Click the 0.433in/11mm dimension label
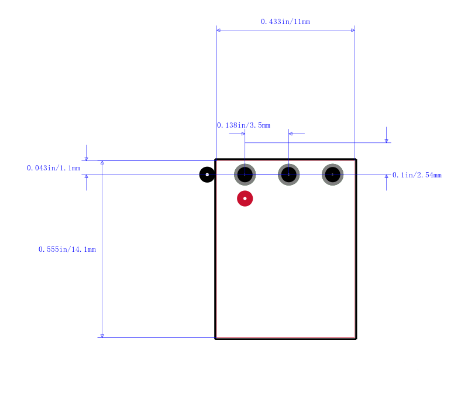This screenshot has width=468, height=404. (x=285, y=22)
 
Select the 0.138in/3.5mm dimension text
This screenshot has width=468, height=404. (x=243, y=125)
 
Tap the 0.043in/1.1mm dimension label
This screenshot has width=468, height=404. (x=53, y=168)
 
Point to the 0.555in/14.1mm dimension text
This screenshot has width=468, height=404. (x=67, y=249)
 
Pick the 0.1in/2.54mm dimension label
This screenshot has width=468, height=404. (x=417, y=175)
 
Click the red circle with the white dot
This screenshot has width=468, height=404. (x=245, y=198)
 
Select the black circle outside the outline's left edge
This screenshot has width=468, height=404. (x=207, y=174)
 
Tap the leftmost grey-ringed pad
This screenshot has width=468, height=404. (x=245, y=174)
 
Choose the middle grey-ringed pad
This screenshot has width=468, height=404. (x=288, y=174)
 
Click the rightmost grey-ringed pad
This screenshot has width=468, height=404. (x=332, y=174)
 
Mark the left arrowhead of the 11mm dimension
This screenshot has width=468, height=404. (x=218, y=30)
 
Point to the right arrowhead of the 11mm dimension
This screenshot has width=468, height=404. (x=353, y=30)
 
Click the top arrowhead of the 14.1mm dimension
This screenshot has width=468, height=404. (x=102, y=163)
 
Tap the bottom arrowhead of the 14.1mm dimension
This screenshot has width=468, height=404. (x=102, y=336)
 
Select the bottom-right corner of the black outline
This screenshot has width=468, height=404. (x=356, y=339)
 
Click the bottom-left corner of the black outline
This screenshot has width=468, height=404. (x=215, y=339)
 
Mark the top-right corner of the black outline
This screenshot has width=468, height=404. (x=356, y=159)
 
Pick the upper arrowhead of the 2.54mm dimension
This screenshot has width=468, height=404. (x=386, y=141)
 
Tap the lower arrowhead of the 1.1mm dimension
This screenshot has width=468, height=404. (x=86, y=177)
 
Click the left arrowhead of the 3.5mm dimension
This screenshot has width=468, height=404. (x=243, y=133)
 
